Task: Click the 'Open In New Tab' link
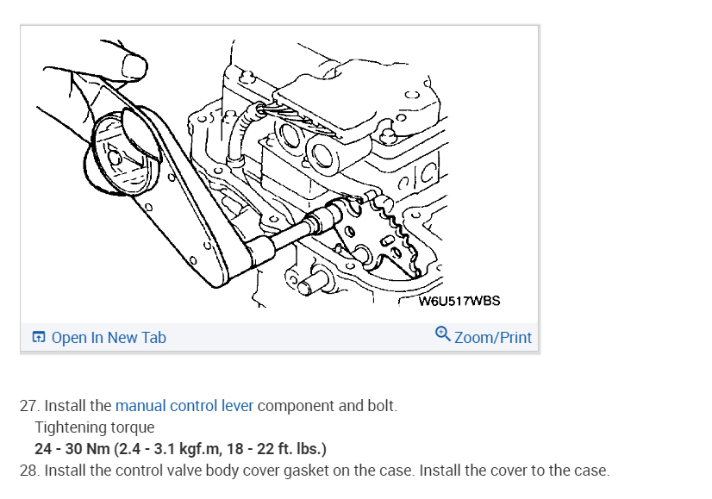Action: (108, 338)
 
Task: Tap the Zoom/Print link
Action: (492, 338)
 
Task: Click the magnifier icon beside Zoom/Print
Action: (443, 334)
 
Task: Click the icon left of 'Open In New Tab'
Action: (39, 338)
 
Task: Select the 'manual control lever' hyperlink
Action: (184, 406)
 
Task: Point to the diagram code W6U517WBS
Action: (459, 302)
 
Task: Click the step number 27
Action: (28, 406)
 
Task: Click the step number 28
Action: (28, 471)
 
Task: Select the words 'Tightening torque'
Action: (95, 427)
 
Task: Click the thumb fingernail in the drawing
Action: (134, 64)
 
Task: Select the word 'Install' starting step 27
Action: (66, 406)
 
